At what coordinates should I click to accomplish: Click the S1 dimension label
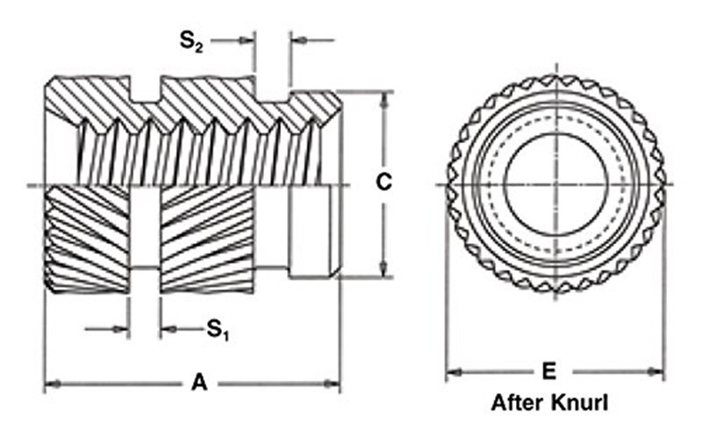pyautogui.click(x=218, y=330)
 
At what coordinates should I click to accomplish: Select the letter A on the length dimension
pyautogui.click(x=199, y=382)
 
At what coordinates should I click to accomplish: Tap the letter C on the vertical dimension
pyautogui.click(x=383, y=182)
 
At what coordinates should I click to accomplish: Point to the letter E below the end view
pyautogui.click(x=549, y=372)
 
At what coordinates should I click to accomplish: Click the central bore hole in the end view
pyautogui.click(x=555, y=184)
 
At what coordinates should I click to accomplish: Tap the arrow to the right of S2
pyautogui.click(x=297, y=40)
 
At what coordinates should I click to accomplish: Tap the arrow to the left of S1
pyautogui.click(x=122, y=330)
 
